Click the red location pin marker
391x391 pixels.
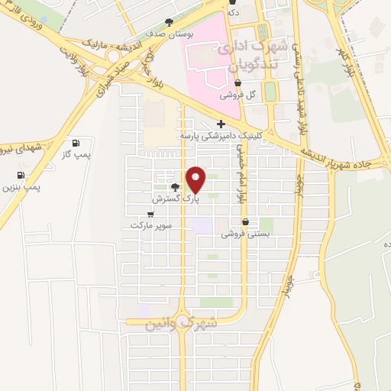pyautogui.click(x=196, y=180)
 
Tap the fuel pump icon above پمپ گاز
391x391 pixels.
pyautogui.click(x=75, y=143)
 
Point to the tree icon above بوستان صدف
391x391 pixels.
pyautogui.click(x=169, y=23)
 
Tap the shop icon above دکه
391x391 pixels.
pyautogui.click(x=231, y=2)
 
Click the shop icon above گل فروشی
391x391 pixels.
pyautogui.click(x=239, y=83)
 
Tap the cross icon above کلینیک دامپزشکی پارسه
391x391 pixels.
pyautogui.click(x=221, y=124)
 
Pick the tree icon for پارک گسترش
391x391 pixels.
pyautogui.click(x=176, y=187)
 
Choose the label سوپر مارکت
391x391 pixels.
pyautogui.click(x=151, y=226)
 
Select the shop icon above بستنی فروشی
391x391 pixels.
pyautogui.click(x=245, y=222)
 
